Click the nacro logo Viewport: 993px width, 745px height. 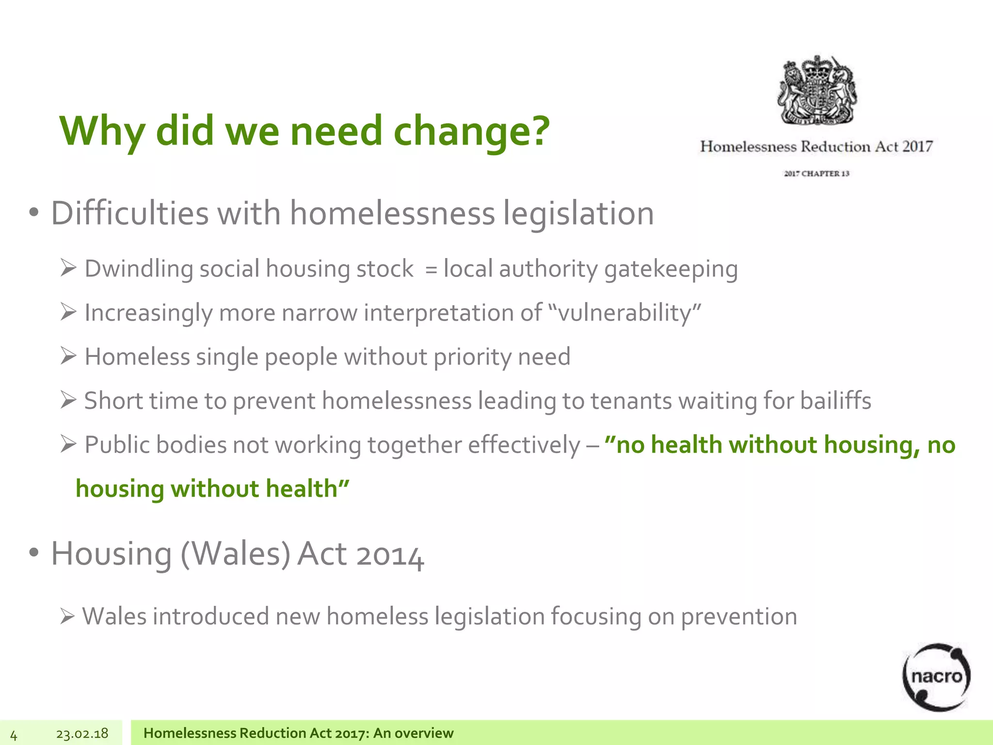click(936, 677)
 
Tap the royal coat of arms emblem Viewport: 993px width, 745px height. click(817, 90)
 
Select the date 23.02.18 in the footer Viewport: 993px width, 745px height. click(82, 734)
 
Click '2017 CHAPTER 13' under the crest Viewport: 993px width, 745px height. click(817, 174)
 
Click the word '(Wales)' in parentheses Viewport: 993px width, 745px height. click(235, 554)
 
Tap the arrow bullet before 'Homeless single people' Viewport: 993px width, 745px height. click(68, 356)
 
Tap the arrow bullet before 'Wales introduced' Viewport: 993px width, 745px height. click(67, 617)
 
